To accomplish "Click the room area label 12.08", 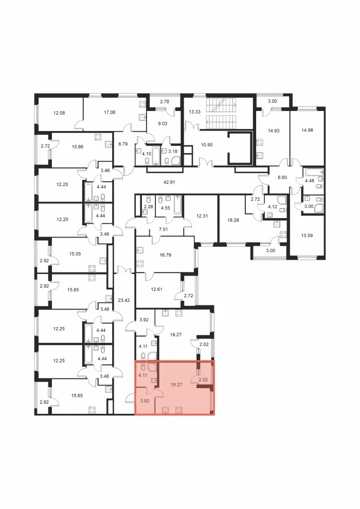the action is point(59,113).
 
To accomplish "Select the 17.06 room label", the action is point(110,112).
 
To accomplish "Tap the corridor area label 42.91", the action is point(169,182).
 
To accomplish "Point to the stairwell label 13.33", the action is point(195,112).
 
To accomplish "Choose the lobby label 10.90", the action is point(207,145).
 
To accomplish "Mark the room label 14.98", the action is point(307,130).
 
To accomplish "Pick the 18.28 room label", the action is point(233,220).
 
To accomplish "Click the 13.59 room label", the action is point(307,235).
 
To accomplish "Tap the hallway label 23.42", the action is point(123,300).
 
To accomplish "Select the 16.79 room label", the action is point(165,255).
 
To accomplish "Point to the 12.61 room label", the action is point(157,289).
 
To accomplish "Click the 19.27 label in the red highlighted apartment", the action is point(176,385).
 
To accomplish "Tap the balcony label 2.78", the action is point(165,102).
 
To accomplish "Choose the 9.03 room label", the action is point(163,124).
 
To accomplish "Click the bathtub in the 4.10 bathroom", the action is point(156,156).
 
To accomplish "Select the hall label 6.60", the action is point(282,177).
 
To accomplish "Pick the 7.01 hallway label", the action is point(163,229).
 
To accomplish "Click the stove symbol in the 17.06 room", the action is point(142,104).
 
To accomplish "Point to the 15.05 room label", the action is point(75,254).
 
